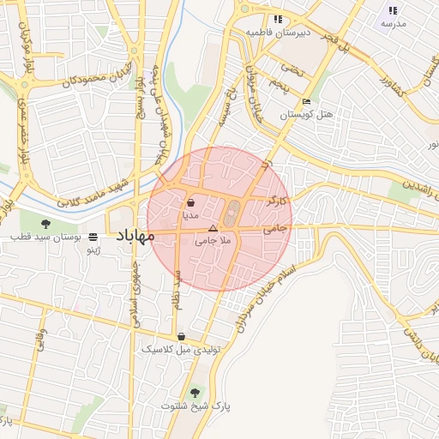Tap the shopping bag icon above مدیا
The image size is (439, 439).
click(189, 202)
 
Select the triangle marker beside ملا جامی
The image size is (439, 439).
click(213, 228)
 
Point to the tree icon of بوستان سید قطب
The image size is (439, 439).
click(45, 224)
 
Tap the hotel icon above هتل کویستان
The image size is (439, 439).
click(307, 102)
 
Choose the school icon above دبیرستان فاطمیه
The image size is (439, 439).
click(277, 19)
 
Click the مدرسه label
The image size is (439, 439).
click(393, 24)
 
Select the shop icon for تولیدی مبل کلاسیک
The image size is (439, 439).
click(181, 336)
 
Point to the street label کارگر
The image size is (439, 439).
click(276, 200)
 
